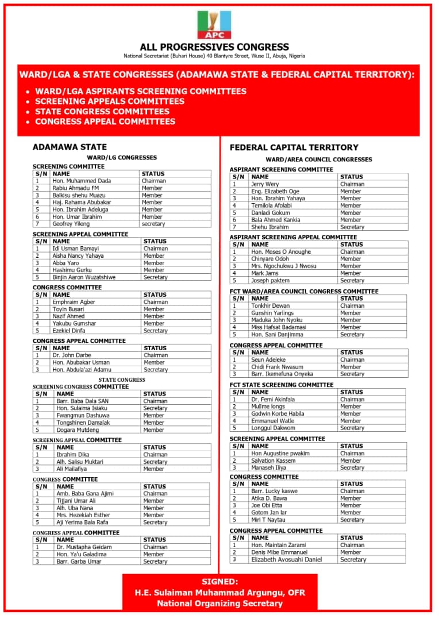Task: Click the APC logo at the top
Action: coord(214,25)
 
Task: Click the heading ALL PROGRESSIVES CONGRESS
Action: coord(214,47)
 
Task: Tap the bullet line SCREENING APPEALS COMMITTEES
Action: coord(110,102)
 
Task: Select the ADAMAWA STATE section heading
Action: coord(70,147)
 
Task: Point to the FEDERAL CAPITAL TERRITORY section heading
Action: coord(294,148)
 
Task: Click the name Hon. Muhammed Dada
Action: coord(82,181)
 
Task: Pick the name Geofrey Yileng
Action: coord(71,224)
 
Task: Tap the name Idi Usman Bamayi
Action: coord(76,249)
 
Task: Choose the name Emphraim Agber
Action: coord(74,302)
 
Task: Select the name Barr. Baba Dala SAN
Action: coord(83,401)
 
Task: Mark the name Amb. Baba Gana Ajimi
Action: coord(85,494)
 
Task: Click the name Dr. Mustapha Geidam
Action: coord(84,547)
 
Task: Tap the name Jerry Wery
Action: coord(265,184)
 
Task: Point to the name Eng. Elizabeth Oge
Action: coord(275,191)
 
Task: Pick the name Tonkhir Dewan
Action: coord(270,306)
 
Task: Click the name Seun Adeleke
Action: coord(268,360)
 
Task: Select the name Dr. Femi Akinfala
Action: coord(273,400)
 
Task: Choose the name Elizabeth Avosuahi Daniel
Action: coord(286,560)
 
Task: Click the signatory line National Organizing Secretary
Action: coord(219,603)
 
